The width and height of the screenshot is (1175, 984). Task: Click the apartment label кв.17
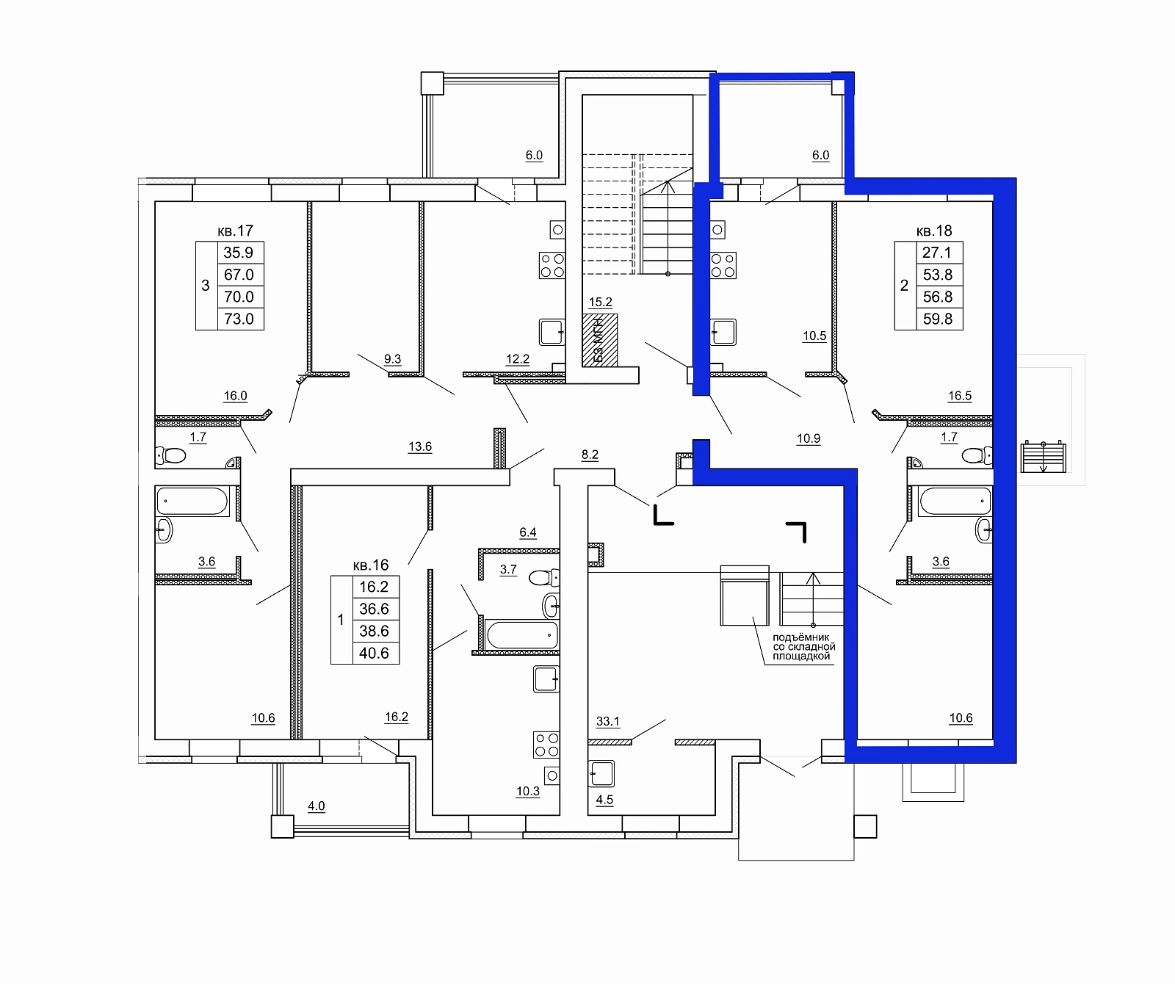point(236,231)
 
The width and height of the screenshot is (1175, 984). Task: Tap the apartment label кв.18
point(934,231)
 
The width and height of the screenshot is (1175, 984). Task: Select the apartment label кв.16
point(371,565)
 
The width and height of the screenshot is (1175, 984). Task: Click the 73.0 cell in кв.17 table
point(239,319)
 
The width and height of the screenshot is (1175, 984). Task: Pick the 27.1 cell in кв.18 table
point(938,253)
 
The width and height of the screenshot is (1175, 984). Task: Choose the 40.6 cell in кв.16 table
point(374,653)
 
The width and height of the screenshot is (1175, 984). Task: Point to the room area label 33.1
point(608,722)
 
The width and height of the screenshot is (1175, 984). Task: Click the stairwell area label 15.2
point(601,302)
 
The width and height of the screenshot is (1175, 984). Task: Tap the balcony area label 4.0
point(316,806)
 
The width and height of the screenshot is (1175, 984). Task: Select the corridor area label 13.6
point(420,446)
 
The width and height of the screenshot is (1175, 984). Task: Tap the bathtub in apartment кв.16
point(522,635)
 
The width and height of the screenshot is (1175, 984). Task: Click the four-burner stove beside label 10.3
point(547,744)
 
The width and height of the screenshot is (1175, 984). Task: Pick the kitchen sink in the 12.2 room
point(552,332)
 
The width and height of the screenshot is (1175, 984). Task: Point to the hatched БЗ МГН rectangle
point(599,340)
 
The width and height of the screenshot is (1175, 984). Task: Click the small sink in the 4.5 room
point(601,773)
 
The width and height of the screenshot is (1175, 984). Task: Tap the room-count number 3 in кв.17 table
point(206,286)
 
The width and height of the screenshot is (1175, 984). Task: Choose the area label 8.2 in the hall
point(590,455)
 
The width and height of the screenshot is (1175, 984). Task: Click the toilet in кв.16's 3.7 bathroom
point(543,576)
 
